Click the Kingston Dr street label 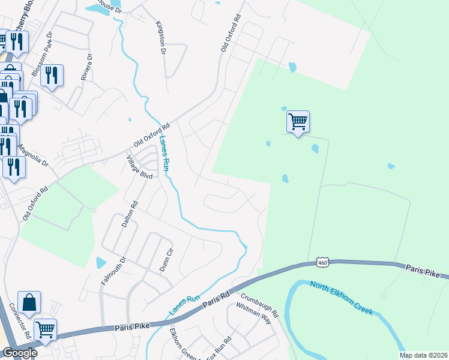tap(160, 37)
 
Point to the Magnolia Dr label tap(32, 155)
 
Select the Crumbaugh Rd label tap(259, 305)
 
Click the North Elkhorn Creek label tap(342, 298)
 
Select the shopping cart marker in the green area tap(298, 122)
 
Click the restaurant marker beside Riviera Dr tap(52, 75)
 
